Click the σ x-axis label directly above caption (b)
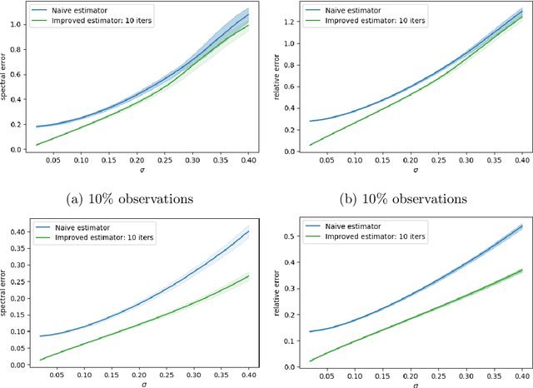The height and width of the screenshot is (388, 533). click(414, 172)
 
